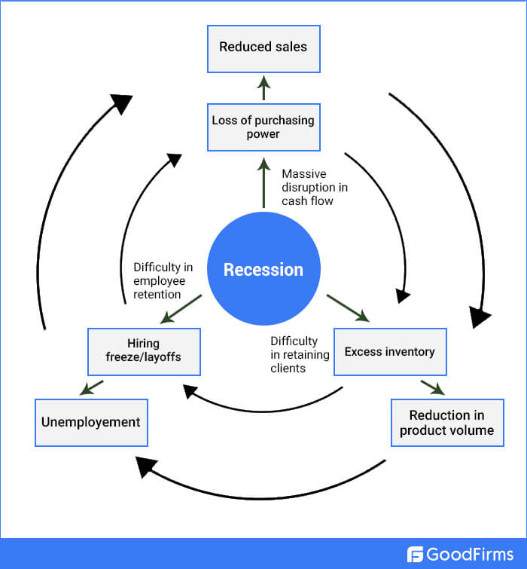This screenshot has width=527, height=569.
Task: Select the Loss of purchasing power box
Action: pyautogui.click(x=263, y=127)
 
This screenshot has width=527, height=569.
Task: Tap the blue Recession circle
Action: pyautogui.click(x=263, y=270)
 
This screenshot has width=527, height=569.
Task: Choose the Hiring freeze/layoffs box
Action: pyautogui.click(x=144, y=351)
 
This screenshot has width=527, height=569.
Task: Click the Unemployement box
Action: pyautogui.click(x=91, y=422)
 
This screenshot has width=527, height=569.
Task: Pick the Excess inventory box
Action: pyautogui.click(x=389, y=351)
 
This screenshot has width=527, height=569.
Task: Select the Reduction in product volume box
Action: pyautogui.click(x=446, y=422)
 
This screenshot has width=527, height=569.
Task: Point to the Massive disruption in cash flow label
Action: pyautogui.click(x=314, y=187)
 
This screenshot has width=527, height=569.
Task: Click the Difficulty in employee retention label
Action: pyautogui.click(x=163, y=280)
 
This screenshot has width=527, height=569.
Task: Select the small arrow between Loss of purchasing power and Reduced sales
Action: pyautogui.click(x=263, y=87)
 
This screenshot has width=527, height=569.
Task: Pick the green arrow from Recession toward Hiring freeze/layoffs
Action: pyautogui.click(x=181, y=309)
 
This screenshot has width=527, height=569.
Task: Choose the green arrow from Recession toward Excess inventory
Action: pyautogui.click(x=347, y=308)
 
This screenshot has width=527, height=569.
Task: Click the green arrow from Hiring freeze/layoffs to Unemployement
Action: pyautogui.click(x=92, y=387)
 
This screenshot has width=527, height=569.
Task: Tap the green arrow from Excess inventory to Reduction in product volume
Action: pyautogui.click(x=431, y=387)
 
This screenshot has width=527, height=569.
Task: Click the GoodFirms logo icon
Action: pyautogui.click(x=416, y=555)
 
